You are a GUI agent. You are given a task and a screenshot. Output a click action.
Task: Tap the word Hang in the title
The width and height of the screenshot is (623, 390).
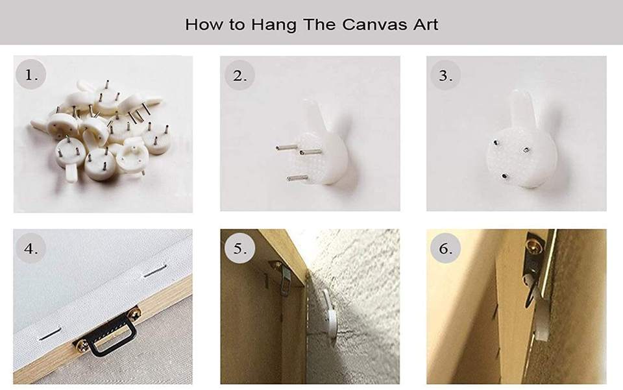click(x=274, y=25)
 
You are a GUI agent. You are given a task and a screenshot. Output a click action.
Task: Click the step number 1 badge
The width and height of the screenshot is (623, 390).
click(x=31, y=74)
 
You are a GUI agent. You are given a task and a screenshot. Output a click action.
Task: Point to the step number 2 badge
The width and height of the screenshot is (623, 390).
click(x=239, y=75)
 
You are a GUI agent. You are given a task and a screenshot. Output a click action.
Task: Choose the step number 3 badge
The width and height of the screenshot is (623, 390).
click(x=445, y=75)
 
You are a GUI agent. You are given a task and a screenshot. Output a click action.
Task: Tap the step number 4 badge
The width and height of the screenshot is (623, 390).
click(x=31, y=249)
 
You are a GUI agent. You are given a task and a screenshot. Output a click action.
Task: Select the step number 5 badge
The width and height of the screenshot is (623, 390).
click(x=239, y=249)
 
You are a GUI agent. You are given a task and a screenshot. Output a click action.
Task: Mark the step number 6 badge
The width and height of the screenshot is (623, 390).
click(x=445, y=249)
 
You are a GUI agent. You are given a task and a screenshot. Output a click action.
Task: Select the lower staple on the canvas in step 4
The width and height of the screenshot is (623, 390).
click(x=50, y=335)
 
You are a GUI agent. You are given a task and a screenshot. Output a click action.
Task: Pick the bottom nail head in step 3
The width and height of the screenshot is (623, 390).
click(x=505, y=176)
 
